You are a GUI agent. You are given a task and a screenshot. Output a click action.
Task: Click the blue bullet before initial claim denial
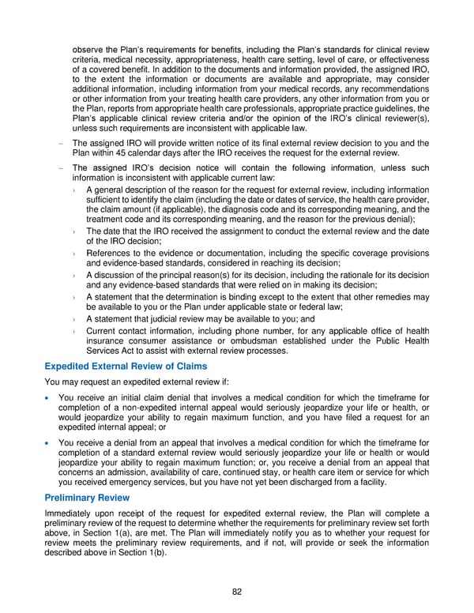(x=48, y=397)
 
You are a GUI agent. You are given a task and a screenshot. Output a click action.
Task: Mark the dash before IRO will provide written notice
(x=61, y=143)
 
